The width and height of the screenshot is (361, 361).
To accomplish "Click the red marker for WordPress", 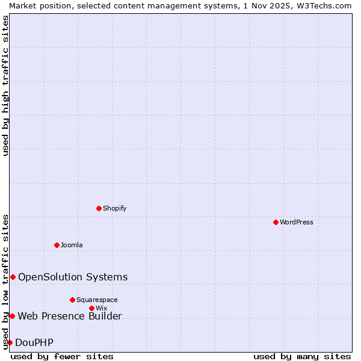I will pos(276,222).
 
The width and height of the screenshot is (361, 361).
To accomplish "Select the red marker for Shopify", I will pos(99,208).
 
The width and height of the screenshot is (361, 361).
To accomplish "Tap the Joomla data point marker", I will pos(57,245).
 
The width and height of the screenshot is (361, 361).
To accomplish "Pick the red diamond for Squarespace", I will pos(72,300).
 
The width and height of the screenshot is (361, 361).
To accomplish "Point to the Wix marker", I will pos(91,308).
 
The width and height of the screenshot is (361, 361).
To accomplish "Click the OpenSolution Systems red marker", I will pos(13,277).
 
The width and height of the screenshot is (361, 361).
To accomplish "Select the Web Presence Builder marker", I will pos(12,316).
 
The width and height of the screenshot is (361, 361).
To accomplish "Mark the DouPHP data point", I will pos(10,342).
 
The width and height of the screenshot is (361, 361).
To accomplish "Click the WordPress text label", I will pos(297,222).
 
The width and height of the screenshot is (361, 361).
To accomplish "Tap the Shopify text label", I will pos(115,208).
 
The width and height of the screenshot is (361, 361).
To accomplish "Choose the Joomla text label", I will pos(72,245).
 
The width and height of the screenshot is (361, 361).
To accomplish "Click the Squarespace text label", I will pos(97,300).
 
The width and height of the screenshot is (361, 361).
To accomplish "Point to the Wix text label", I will pos(101,308).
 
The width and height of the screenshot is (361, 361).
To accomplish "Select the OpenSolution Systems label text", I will pos(73,277).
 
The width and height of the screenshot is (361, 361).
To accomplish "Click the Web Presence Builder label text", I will pos(70,316).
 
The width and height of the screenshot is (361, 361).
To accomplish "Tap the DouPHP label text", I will pos(34,342).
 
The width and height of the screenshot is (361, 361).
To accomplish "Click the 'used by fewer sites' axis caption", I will pos(62,356).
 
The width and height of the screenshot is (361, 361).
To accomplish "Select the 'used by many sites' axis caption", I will pos(302,356).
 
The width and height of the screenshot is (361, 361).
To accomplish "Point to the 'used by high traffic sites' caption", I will pos(5,86).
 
